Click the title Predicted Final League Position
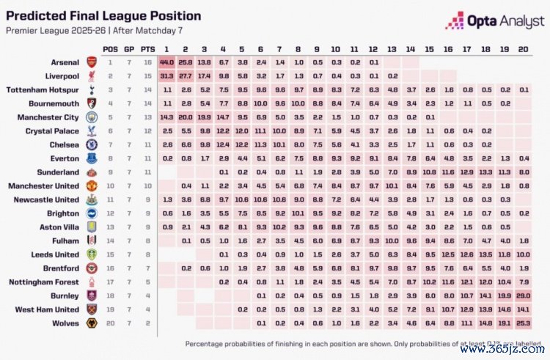pyautogui.click(x=103, y=15)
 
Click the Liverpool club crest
pyautogui.click(x=92, y=76)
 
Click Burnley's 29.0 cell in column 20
pyautogui.click(x=523, y=295)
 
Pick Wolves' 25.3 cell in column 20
pyautogui.click(x=523, y=323)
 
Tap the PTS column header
pyautogui.click(x=147, y=48)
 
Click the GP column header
pyautogui.click(x=128, y=48)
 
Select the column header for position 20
pyautogui.click(x=523, y=48)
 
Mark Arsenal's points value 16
pyautogui.click(x=147, y=62)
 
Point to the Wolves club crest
pyautogui.click(x=92, y=323)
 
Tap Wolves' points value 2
pyautogui.click(x=147, y=323)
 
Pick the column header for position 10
pyautogui.click(x=335, y=48)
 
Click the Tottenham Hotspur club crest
pyautogui.click(x=92, y=89)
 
